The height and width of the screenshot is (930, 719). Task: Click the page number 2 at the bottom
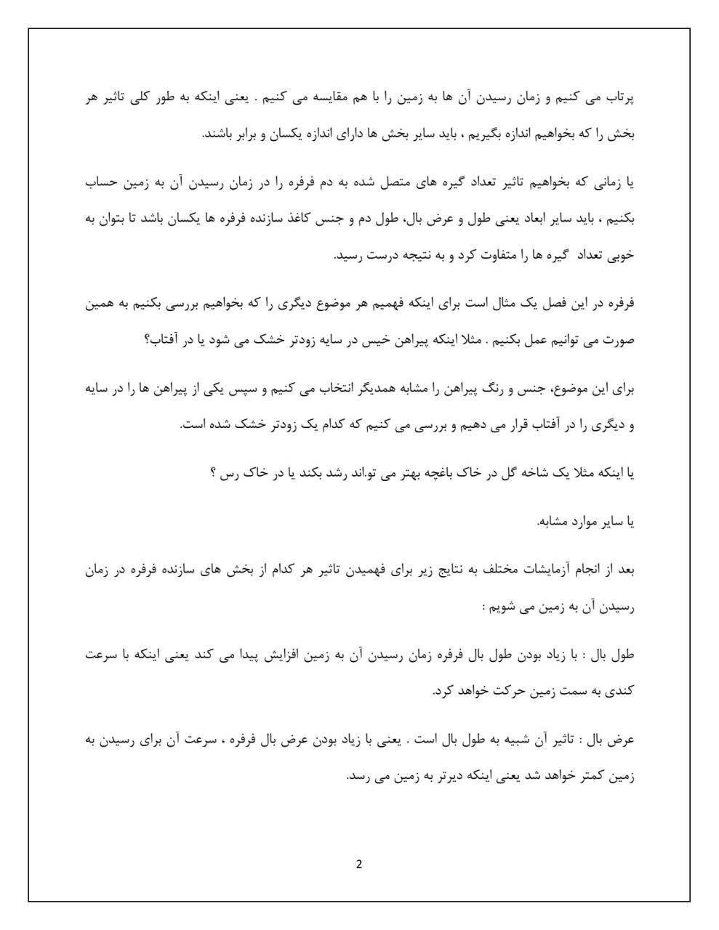pos(359,864)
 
